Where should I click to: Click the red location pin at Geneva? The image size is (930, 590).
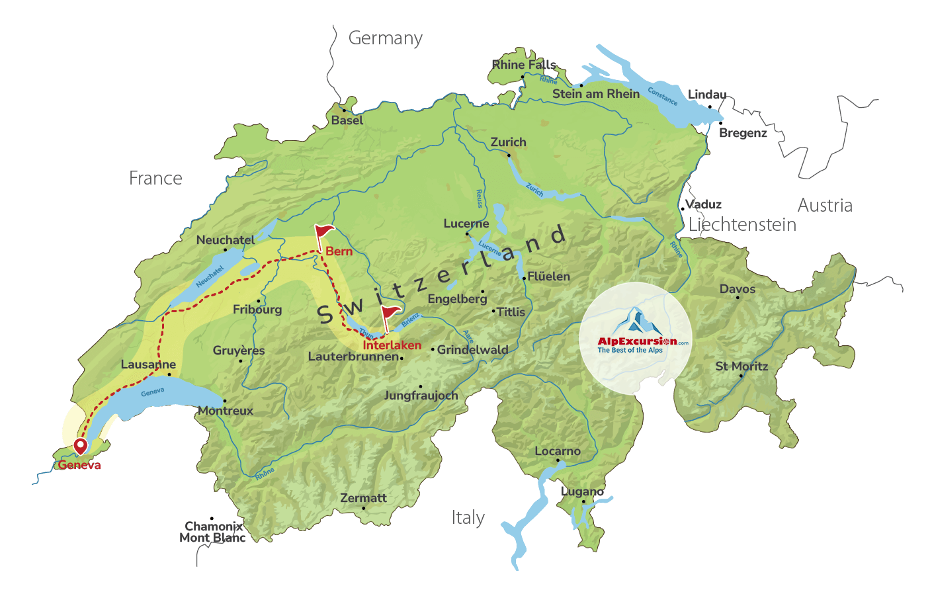click(x=80, y=446)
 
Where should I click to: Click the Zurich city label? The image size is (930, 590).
click(x=508, y=142)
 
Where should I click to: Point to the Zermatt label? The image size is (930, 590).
click(x=363, y=497)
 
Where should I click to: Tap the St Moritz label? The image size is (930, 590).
click(x=741, y=366)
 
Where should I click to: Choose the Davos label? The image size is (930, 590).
click(x=737, y=289)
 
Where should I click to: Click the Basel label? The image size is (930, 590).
click(x=347, y=120)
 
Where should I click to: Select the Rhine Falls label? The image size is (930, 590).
click(x=524, y=64)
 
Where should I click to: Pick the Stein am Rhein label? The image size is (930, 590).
click(x=596, y=94)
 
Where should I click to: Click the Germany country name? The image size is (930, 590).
click(x=385, y=38)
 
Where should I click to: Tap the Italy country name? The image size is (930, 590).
click(x=468, y=517)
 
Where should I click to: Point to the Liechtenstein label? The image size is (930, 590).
click(x=742, y=225)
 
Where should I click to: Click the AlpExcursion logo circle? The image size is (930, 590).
click(x=636, y=338)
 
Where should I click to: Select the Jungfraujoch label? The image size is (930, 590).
click(x=421, y=396)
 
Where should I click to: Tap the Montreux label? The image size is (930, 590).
click(x=226, y=411)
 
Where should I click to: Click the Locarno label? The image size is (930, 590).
click(x=557, y=451)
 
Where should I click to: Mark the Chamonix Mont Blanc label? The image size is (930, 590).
click(x=212, y=532)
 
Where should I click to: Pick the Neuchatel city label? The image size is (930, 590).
click(x=225, y=240)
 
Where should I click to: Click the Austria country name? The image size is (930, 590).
click(x=824, y=205)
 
